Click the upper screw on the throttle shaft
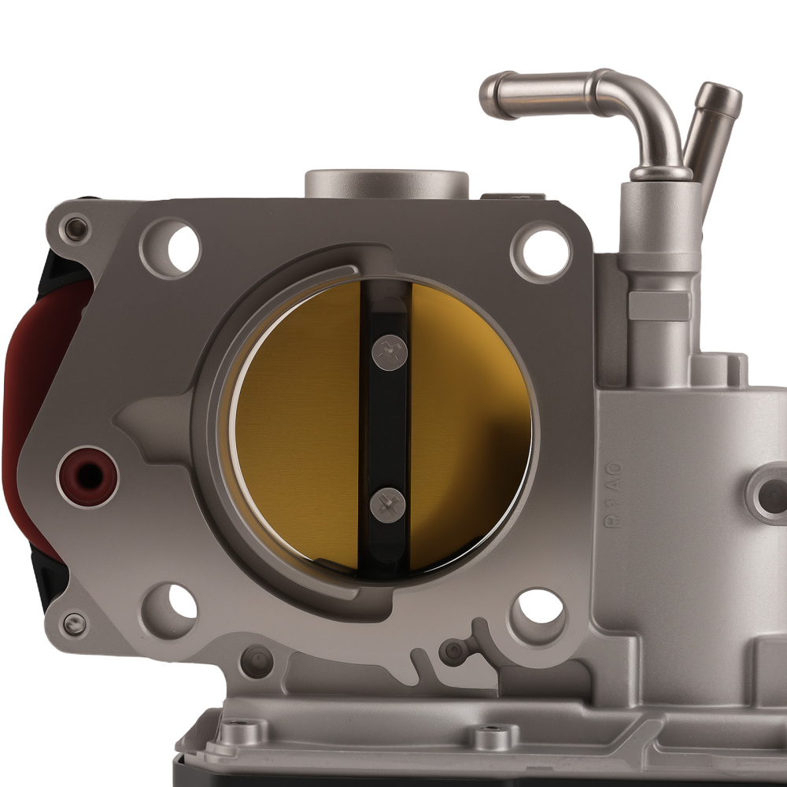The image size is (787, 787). pyautogui.click(x=389, y=350)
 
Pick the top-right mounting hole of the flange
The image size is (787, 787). pyautogui.click(x=541, y=251)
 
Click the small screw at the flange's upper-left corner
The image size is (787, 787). pyautogui.click(x=76, y=230)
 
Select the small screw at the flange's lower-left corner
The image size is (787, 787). pyautogui.click(x=74, y=625)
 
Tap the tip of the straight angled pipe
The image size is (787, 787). pyautogui.click(x=720, y=97)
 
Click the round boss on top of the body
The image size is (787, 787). pyautogui.click(x=386, y=183)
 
